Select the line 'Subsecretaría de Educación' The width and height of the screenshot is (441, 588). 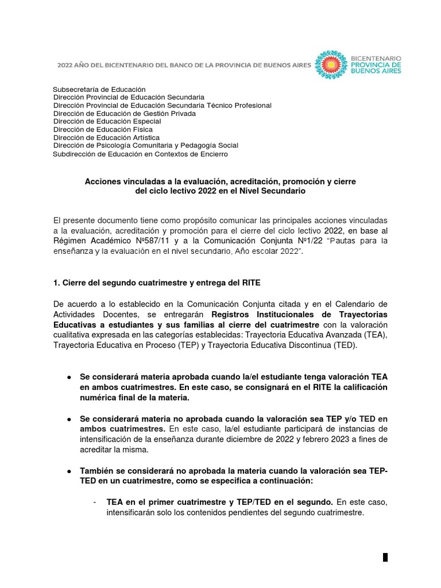(x=99, y=90)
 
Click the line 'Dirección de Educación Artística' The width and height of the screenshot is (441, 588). (x=106, y=138)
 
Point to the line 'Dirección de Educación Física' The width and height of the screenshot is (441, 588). (x=103, y=130)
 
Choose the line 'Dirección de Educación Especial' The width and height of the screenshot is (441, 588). (x=107, y=122)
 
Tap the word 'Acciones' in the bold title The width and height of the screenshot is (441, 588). (x=102, y=181)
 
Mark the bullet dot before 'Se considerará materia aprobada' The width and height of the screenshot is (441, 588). (x=69, y=377)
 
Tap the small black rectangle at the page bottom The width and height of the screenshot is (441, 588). (x=385, y=557)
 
